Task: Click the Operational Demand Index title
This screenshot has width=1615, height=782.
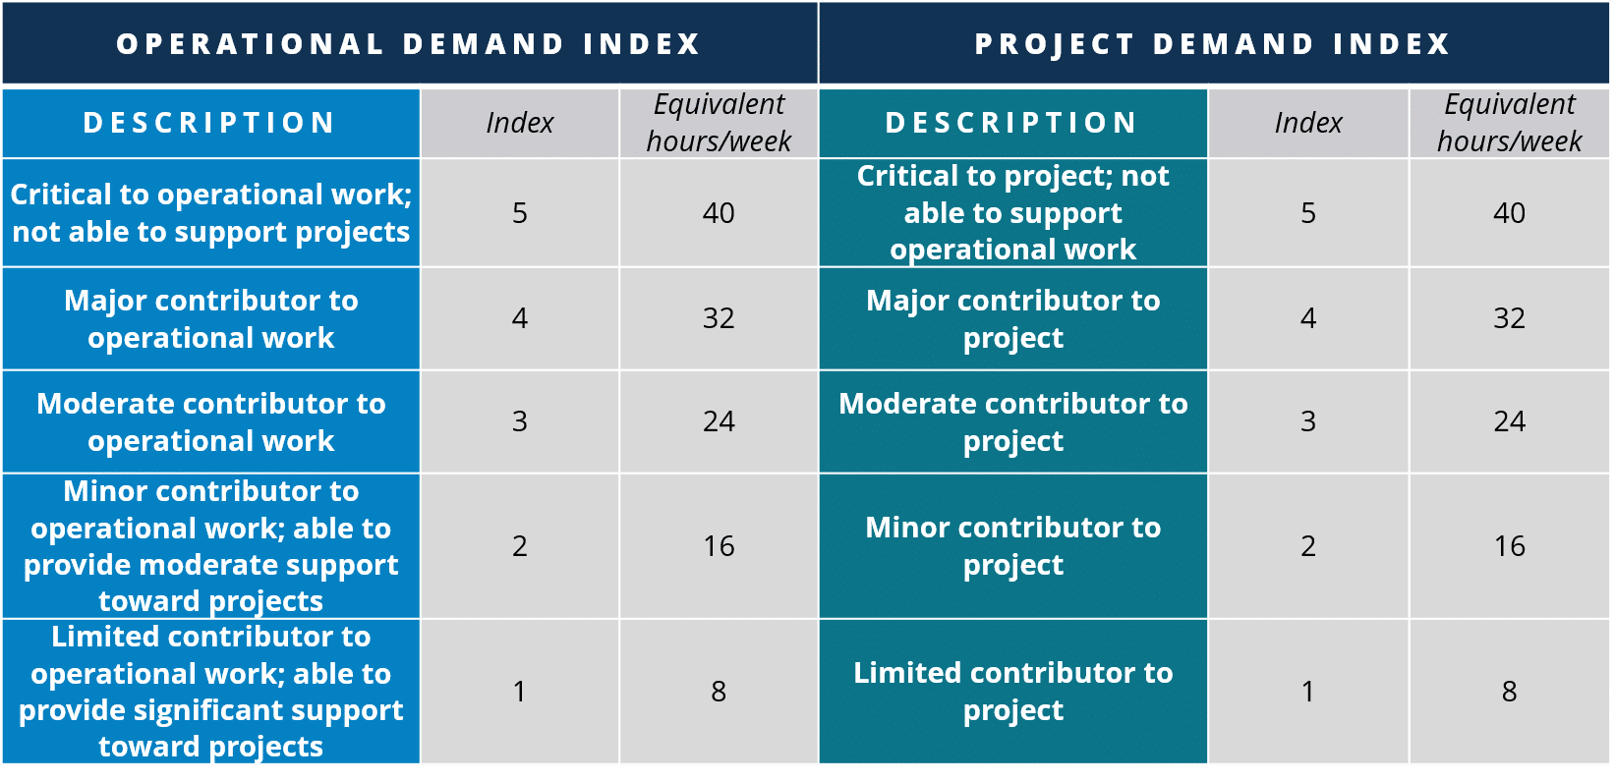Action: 408,44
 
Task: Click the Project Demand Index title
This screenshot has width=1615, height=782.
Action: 1213,44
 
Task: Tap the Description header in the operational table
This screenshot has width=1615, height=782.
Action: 209,123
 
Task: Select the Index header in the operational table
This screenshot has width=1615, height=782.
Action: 519,123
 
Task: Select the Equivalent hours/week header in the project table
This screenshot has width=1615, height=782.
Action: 1509,123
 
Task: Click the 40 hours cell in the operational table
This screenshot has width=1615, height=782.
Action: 719,212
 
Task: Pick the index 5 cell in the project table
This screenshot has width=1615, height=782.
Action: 1308,212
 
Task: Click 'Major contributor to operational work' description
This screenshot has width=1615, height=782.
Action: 210,318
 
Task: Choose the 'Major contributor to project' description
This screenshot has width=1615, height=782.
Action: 1013,318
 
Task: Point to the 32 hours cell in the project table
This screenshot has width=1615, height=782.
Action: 1509,318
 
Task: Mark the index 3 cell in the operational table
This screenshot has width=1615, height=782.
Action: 519,420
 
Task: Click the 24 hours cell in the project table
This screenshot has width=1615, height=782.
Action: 1509,420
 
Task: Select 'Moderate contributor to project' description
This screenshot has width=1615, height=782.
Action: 1013,421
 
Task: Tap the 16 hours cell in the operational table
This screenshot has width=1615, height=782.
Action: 719,545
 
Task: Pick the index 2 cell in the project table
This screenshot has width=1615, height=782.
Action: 1308,545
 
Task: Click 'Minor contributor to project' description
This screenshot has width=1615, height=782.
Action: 1013,545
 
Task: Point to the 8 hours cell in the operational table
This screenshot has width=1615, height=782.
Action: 719,692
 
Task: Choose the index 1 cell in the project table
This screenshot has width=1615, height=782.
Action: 1308,692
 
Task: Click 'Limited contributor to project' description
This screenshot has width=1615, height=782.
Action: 1013,692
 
